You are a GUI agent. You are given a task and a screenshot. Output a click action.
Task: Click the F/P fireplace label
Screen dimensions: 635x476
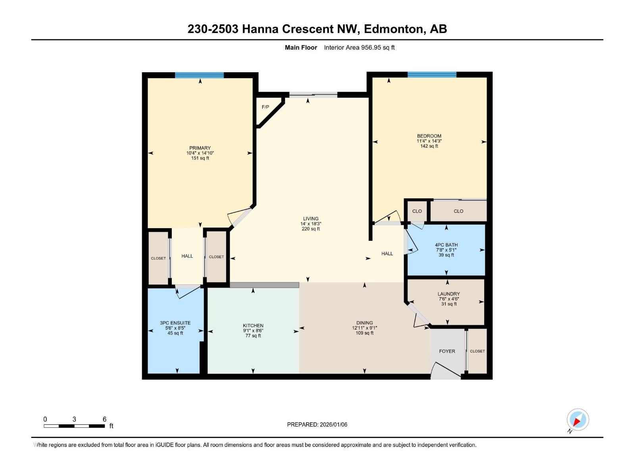coord(265,107)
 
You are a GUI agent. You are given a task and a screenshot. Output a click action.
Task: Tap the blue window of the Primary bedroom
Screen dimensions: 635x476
coord(199,75)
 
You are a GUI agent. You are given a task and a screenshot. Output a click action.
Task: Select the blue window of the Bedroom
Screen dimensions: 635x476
coord(432,75)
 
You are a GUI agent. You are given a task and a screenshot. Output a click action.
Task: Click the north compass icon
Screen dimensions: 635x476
coord(577,420)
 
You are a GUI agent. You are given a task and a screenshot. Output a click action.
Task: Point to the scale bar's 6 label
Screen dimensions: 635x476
coord(104,419)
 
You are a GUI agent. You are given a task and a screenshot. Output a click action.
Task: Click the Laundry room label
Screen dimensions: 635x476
coord(449,294)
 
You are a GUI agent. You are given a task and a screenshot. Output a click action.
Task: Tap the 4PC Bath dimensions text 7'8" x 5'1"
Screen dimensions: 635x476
coord(446,250)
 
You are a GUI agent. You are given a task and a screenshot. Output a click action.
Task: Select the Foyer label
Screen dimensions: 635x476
coord(447,351)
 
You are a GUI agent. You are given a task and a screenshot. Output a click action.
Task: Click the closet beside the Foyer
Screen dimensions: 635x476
coord(477,351)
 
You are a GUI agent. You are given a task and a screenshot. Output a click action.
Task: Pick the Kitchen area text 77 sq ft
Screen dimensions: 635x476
coord(253,336)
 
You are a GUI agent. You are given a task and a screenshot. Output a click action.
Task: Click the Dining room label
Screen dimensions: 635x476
coord(364,323)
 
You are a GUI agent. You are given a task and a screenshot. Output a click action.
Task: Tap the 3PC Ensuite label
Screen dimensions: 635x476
coord(175,323)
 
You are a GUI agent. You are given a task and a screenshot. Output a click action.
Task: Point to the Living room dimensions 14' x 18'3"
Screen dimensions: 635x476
coord(311,224)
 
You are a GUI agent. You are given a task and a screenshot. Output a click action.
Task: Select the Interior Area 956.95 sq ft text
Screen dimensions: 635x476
coord(359,48)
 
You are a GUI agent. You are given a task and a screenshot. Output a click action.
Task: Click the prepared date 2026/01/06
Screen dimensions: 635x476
coord(333,424)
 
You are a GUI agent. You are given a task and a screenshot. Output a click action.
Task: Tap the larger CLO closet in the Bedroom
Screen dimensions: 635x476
coord(458,211)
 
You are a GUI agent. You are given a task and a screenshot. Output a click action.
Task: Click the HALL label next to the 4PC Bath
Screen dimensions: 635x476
coord(387,254)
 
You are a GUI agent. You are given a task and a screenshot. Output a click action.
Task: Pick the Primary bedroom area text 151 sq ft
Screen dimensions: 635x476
coord(200,158)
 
